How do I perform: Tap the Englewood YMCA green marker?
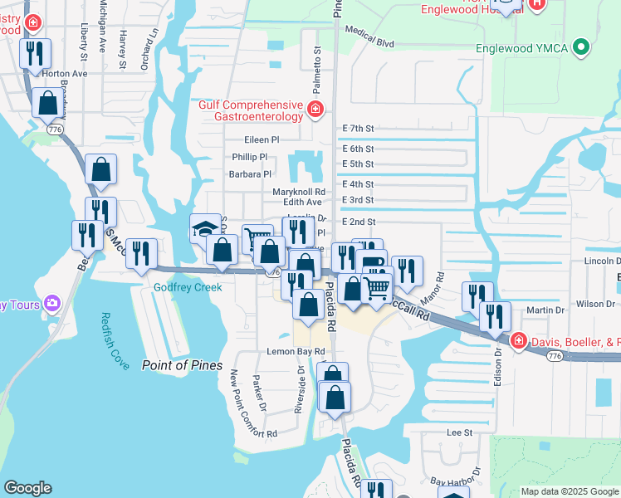pyautogui.click(x=581, y=47)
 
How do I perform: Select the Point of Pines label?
pyautogui.click(x=182, y=365)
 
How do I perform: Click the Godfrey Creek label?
pyautogui.click(x=188, y=287)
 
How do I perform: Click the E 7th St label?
pyautogui.click(x=359, y=129)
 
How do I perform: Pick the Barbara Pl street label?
pyautogui.click(x=250, y=174)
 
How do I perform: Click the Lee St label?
pyautogui.click(x=459, y=432)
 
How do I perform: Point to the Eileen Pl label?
pyautogui.click(x=262, y=140)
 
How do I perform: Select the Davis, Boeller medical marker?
pyautogui.click(x=518, y=340)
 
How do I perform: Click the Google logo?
pyautogui.click(x=27, y=488)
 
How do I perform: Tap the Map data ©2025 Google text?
pyautogui.click(x=569, y=491)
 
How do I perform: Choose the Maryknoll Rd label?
pyautogui.click(x=299, y=191)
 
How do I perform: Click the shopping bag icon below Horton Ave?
pyautogui.click(x=48, y=104)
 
